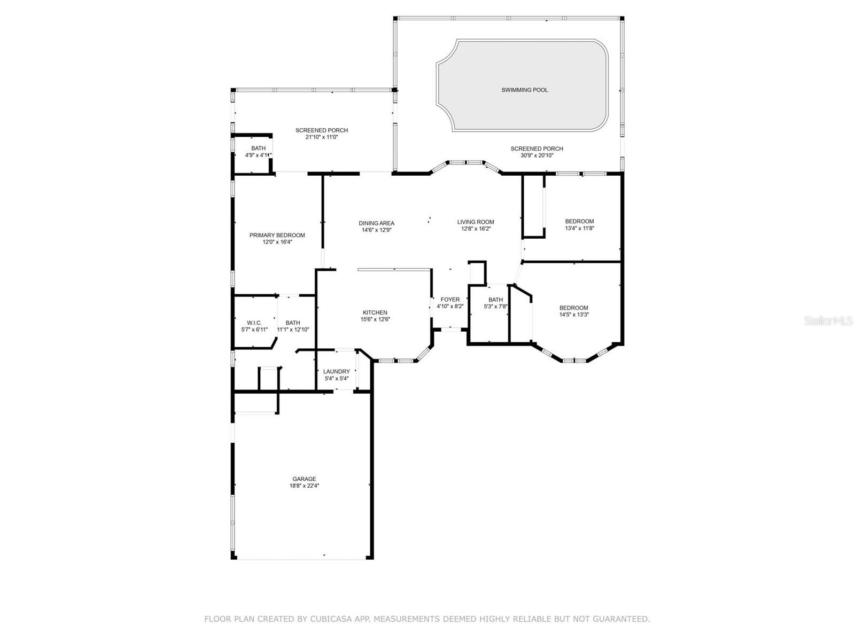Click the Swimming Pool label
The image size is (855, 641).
tap(524, 90)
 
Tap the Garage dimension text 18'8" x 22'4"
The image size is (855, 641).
tap(304, 486)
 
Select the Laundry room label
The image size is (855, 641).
tap(336, 372)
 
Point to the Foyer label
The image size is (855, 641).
tap(450, 300)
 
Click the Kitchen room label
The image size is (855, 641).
tap(375, 312)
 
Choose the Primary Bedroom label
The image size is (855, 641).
tap(277, 235)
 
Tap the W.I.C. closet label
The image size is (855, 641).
tap(254, 323)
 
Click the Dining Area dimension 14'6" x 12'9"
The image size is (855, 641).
tap(376, 230)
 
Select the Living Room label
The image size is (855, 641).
tap(476, 222)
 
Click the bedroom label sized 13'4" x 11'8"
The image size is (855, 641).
tap(579, 221)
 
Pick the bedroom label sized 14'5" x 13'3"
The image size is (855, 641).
tap(573, 308)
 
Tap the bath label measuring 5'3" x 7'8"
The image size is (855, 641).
tap(495, 300)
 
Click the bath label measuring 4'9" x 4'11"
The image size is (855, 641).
tap(258, 148)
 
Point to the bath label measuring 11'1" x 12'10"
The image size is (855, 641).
tap(292, 323)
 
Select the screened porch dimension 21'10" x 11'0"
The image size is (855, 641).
tap(321, 137)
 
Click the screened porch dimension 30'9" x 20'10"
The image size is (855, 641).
tap(537, 155)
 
